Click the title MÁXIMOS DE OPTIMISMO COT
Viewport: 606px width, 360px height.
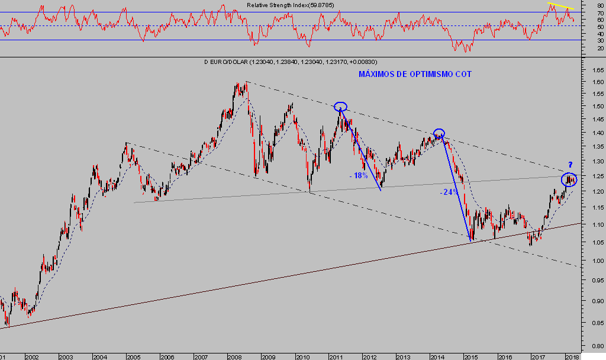(415, 75)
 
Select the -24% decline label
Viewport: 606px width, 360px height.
(449, 192)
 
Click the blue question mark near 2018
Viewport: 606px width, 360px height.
(570, 165)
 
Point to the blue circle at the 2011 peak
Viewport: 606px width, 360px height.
(340, 107)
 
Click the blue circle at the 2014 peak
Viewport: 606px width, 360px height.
(439, 134)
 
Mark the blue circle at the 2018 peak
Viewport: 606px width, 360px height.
(569, 178)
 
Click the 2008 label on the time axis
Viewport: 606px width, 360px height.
(234, 357)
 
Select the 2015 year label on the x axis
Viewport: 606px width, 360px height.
(470, 357)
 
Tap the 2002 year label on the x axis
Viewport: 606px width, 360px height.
(31, 357)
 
